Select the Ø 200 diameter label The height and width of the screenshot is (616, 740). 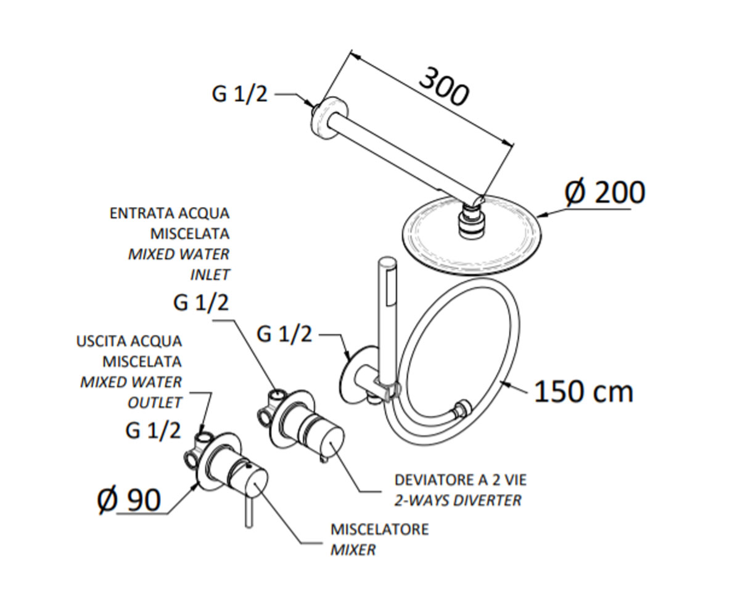pyautogui.click(x=604, y=193)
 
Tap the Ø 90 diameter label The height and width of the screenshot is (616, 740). pyautogui.click(x=129, y=500)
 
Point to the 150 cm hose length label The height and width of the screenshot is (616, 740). pyautogui.click(x=583, y=392)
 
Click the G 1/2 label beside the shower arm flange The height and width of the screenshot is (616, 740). pyautogui.click(x=240, y=94)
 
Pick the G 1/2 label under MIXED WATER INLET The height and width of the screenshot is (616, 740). pyautogui.click(x=200, y=303)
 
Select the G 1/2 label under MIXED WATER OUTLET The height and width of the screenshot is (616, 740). pyautogui.click(x=153, y=431)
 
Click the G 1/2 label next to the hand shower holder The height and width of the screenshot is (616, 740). pyautogui.click(x=284, y=334)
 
